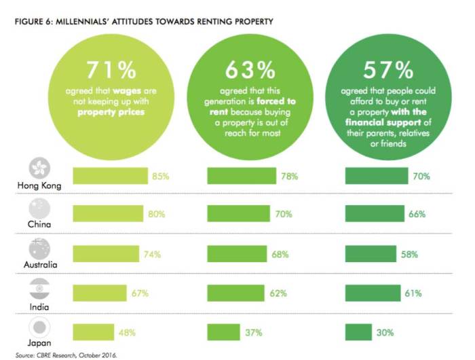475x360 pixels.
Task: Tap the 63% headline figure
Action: click(x=250, y=70)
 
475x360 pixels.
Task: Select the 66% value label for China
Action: click(x=417, y=215)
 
